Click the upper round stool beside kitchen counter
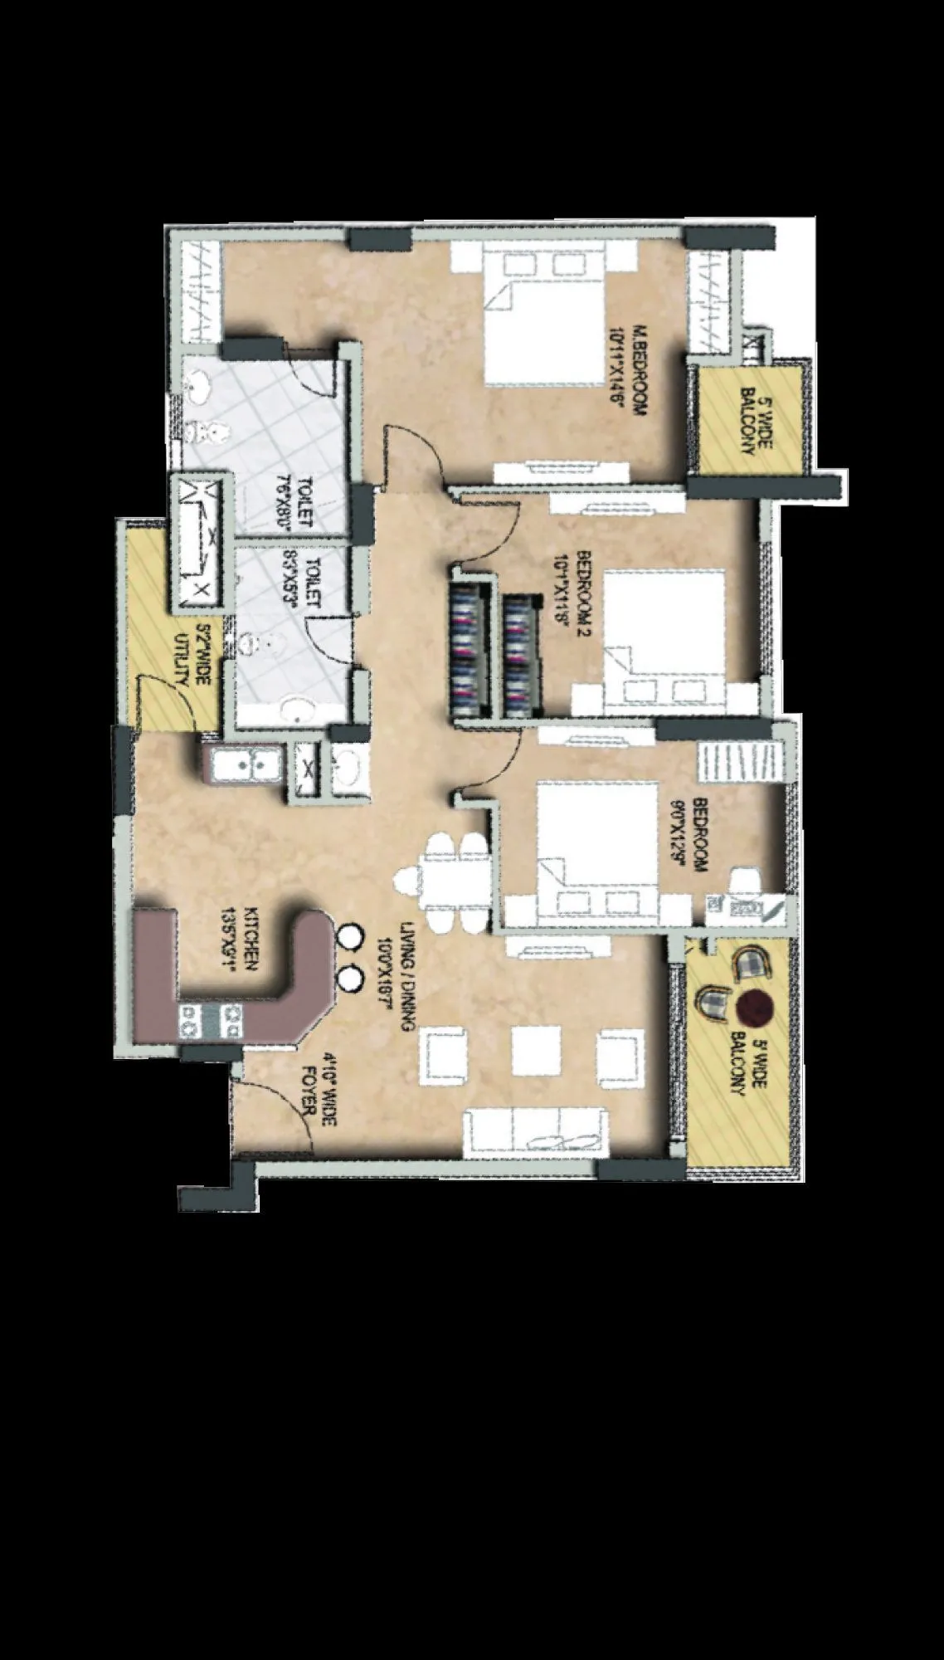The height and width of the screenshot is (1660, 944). pos(349,937)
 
